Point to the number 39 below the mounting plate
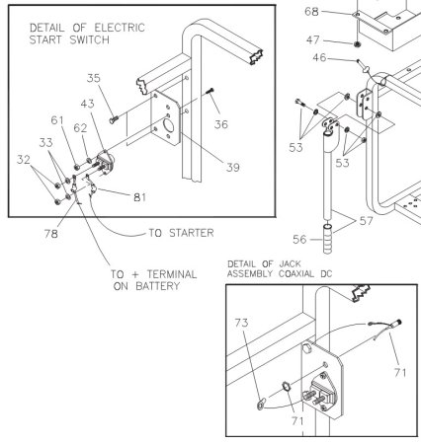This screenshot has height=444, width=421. click(x=231, y=168)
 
